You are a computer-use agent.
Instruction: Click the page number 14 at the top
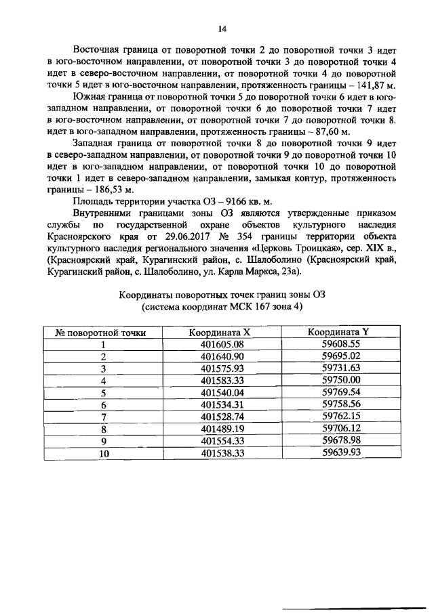point(221,28)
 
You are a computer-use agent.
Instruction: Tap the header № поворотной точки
point(100,333)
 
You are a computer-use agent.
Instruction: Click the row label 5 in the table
point(104,393)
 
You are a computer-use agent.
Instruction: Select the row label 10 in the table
point(104,453)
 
